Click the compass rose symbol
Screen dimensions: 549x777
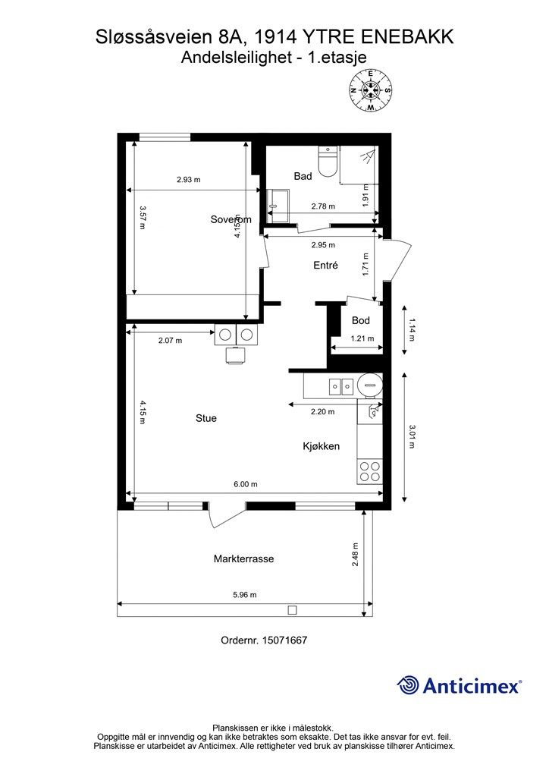click(x=370, y=90)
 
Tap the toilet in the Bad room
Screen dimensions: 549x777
click(x=328, y=162)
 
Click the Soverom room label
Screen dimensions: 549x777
click(x=231, y=219)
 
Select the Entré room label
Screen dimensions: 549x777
click(x=326, y=265)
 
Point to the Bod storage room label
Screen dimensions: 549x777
click(x=361, y=321)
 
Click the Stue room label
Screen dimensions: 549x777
click(x=206, y=418)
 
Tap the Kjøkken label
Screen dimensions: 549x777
click(x=322, y=446)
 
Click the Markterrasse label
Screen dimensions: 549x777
click(x=243, y=559)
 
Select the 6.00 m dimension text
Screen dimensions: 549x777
click(x=245, y=484)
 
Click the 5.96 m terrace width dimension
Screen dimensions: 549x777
click(x=245, y=595)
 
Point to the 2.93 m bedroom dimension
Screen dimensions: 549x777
click(x=189, y=180)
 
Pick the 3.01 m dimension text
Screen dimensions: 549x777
click(x=412, y=436)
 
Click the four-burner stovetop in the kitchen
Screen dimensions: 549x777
click(x=370, y=471)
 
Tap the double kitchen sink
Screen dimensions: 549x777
click(x=341, y=385)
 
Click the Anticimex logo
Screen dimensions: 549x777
click(x=460, y=686)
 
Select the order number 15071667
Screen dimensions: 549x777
click(x=284, y=640)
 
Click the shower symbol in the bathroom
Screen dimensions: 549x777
click(x=367, y=156)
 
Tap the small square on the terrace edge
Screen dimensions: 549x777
click(x=293, y=609)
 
